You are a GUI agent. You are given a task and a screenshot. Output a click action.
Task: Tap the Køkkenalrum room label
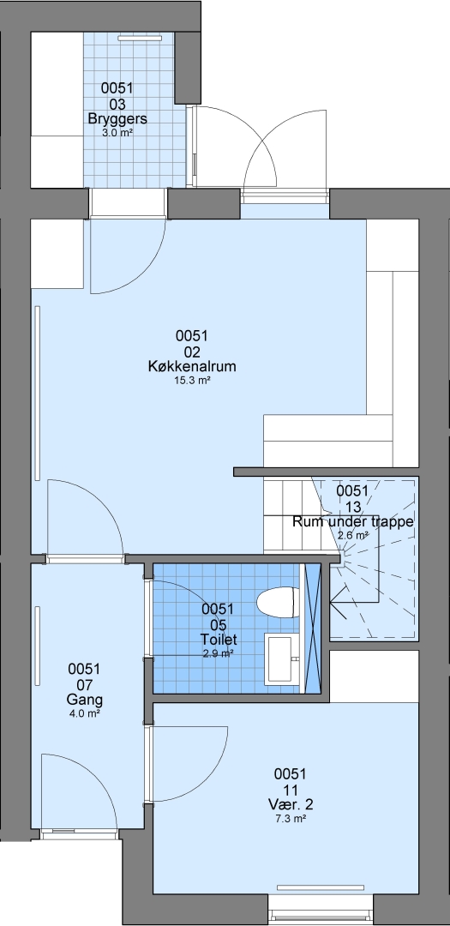[192, 366]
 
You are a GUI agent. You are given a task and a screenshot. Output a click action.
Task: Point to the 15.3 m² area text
[192, 381]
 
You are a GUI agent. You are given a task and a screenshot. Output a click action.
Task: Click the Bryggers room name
[117, 118]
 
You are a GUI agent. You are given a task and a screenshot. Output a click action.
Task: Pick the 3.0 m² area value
[117, 133]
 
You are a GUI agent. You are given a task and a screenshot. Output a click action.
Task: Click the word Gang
[84, 700]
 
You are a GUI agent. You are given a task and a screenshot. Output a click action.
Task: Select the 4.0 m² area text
[84, 713]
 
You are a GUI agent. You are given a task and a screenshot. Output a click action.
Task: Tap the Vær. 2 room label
[290, 804]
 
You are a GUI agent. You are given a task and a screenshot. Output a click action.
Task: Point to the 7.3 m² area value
[290, 819]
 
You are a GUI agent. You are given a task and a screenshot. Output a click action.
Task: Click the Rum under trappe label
[352, 522]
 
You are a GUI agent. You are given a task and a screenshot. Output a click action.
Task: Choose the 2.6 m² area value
[353, 536]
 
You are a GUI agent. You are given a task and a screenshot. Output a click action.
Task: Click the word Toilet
[219, 639]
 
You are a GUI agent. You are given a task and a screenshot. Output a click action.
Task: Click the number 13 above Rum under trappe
[352, 507]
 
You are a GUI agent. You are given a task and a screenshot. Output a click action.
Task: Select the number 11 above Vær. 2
[290, 790]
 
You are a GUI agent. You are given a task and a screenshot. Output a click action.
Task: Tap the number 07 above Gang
[84, 685]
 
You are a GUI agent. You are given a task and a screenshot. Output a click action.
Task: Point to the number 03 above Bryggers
[117, 104]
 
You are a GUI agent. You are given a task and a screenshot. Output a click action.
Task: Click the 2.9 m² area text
[219, 652]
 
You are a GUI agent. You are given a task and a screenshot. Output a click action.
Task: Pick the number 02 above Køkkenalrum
[192, 352]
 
